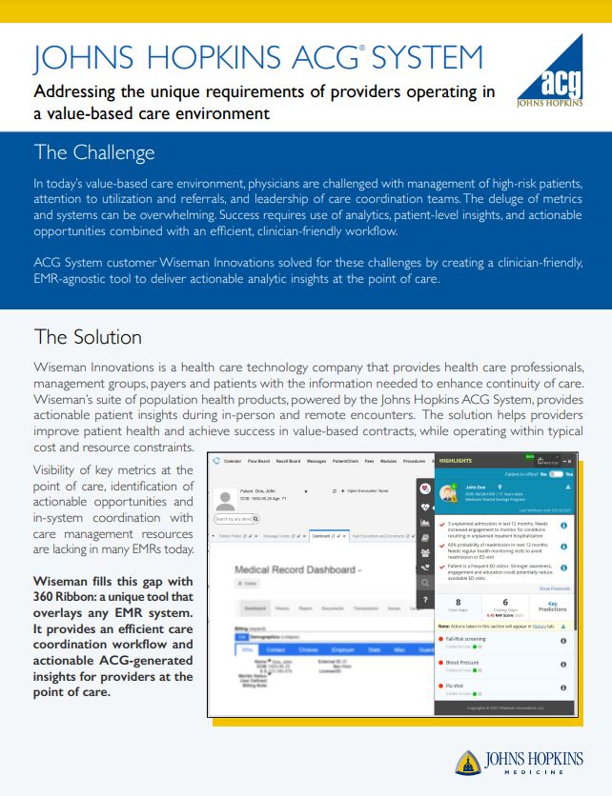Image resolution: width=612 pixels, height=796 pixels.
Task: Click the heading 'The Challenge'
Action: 93,152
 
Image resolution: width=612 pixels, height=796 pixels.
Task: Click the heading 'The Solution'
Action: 88,337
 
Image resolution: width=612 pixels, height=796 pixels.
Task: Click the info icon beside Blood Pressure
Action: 563,665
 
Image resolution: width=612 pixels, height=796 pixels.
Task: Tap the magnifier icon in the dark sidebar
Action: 424,581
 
